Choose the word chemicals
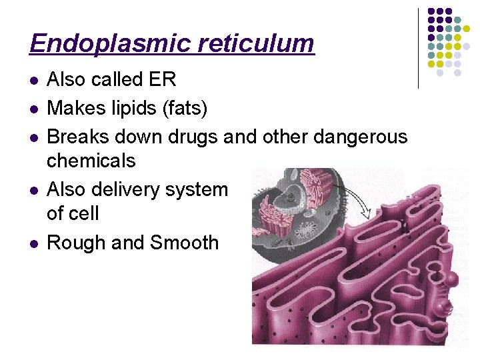pyautogui.click(x=91, y=161)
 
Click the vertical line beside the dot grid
pyautogui.click(x=418, y=48)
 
